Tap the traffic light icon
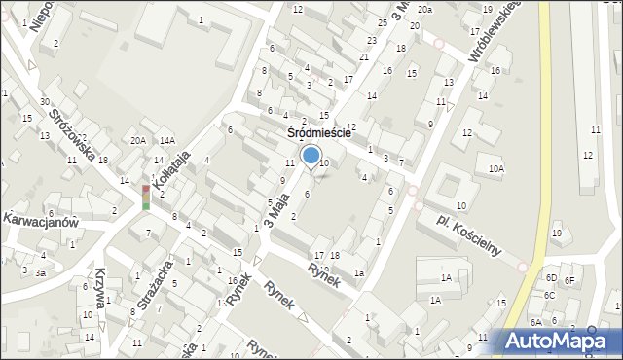(146, 197)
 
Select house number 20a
(424, 9)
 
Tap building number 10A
(495, 169)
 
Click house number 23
(371, 40)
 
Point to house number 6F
(570, 281)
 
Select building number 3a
(40, 273)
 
